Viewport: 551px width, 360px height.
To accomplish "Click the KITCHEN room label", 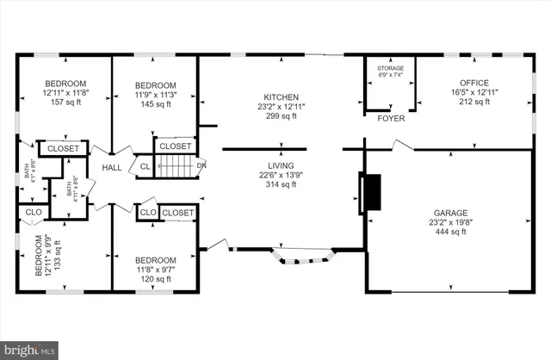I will point(282,97).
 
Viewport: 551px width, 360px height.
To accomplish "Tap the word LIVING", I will point(282,165).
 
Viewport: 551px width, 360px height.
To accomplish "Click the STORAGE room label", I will point(390,67).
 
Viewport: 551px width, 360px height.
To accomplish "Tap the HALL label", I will point(112,168).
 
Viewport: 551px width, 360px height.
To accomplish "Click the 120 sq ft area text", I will point(155,279).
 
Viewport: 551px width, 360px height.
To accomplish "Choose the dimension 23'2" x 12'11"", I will point(282,107).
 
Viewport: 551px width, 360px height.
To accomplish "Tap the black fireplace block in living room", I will point(371,192).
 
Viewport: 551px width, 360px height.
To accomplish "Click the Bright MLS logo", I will point(30,349).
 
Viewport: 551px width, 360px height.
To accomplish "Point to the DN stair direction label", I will point(201,165).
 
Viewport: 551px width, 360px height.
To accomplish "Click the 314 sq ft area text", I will point(282,184).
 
